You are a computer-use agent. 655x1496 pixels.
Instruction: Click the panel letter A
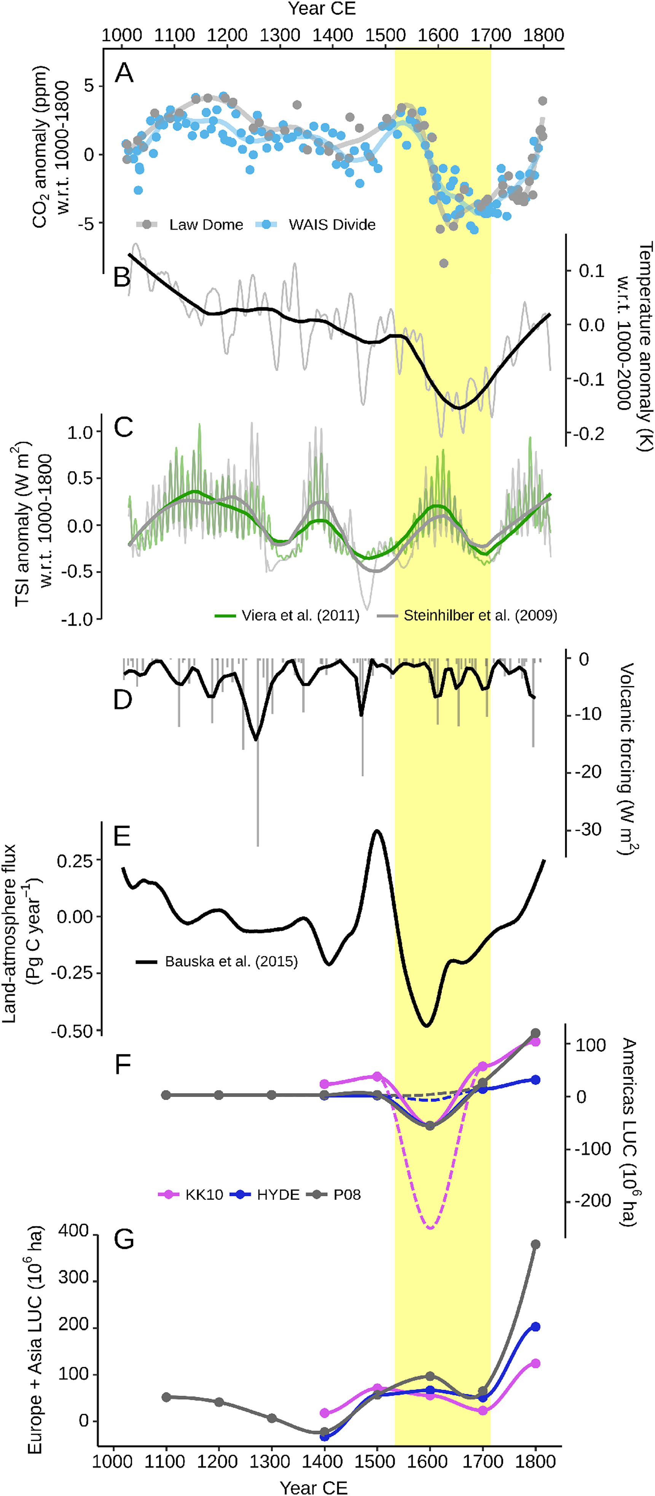tap(124, 73)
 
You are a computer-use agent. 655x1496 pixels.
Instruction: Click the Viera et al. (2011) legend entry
tap(287, 616)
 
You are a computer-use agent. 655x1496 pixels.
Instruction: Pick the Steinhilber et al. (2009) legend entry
tap(467, 616)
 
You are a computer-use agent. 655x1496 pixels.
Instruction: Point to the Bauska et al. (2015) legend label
tap(217, 962)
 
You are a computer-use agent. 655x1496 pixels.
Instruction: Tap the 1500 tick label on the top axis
tap(385, 35)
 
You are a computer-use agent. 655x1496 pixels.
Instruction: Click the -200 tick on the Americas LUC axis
tap(592, 1201)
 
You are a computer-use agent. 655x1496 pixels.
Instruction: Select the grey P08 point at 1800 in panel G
tap(535, 1245)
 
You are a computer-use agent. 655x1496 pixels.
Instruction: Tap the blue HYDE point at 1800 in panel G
tap(535, 1327)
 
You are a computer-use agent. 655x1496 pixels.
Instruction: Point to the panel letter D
tap(123, 700)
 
